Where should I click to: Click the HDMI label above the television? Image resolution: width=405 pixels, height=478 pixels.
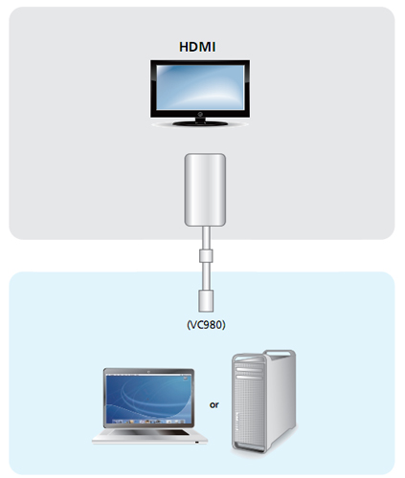point(197,47)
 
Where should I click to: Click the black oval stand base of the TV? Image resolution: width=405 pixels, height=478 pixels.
point(200,123)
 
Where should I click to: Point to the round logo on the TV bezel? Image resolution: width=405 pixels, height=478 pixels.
point(200,114)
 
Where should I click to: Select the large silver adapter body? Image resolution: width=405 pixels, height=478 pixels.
point(205,190)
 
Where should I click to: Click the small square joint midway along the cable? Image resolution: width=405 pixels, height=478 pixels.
point(206,256)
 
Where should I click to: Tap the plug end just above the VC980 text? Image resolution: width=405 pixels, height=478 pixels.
point(206,300)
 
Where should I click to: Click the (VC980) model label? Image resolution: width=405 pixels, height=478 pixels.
point(206,325)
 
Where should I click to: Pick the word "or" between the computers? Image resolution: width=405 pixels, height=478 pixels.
point(214,404)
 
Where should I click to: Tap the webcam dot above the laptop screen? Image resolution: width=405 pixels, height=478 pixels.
point(148,371)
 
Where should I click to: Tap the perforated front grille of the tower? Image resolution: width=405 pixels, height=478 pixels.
point(250,414)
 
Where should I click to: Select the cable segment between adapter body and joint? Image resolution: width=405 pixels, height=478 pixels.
point(206,238)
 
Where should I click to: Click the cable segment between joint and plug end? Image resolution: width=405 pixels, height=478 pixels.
point(206,276)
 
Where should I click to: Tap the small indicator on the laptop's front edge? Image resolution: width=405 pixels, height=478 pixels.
point(197,442)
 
